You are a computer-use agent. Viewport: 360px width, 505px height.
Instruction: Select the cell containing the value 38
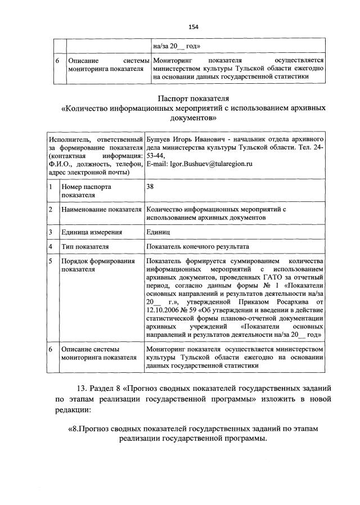coord(150,186)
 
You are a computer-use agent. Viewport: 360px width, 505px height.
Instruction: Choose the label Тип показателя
coord(85,246)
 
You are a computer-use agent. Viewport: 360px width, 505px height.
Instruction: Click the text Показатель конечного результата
coord(197,246)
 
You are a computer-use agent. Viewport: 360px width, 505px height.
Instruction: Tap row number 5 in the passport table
coord(51,261)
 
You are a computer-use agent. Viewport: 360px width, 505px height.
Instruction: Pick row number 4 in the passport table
coord(51,246)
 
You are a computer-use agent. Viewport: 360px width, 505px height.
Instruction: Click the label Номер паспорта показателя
coord(87,190)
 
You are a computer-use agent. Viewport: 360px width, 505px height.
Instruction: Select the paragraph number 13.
coord(82,388)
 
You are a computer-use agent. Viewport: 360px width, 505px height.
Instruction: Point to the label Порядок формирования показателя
coord(91,265)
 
